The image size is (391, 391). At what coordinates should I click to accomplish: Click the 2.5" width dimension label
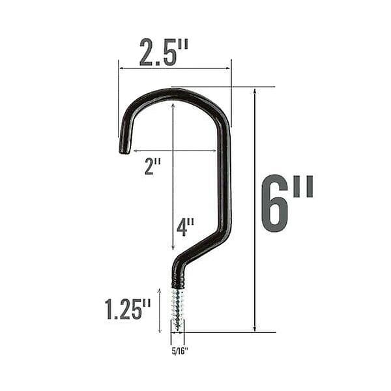[x=164, y=52]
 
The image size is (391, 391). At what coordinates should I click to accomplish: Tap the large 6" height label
[x=287, y=203]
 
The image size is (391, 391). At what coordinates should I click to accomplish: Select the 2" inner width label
[x=153, y=167]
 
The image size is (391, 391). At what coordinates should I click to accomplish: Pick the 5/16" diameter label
[x=180, y=351]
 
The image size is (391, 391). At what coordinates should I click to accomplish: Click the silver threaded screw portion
[x=178, y=310]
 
